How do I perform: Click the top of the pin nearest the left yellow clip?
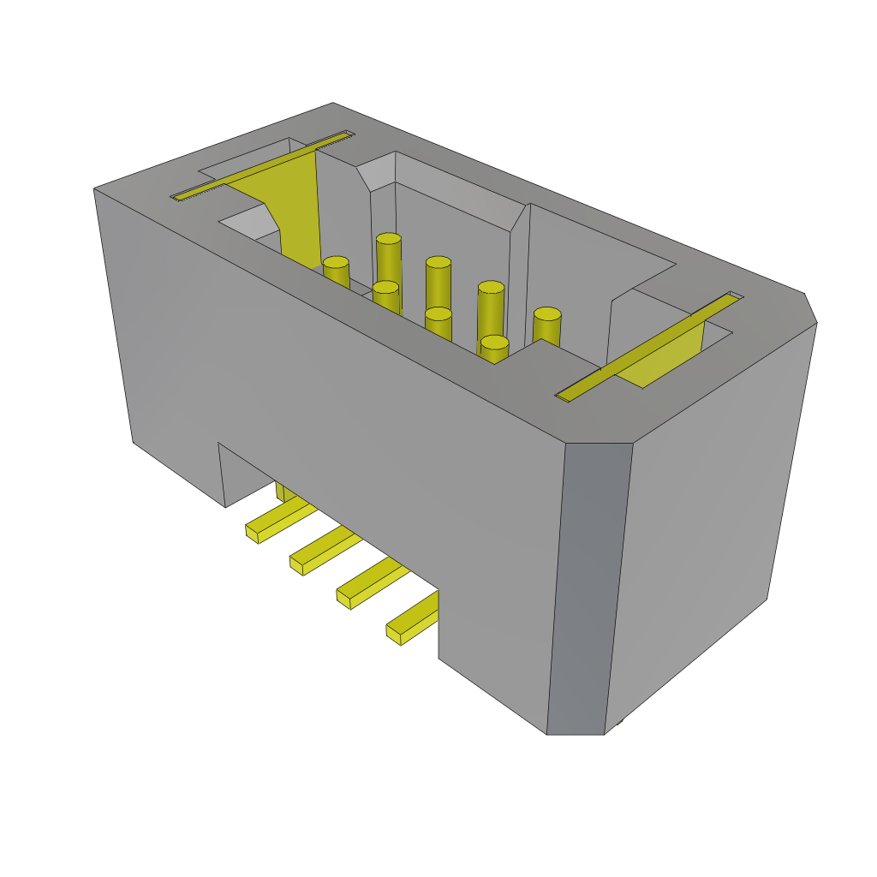tap(336, 263)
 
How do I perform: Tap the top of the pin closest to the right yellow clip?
tap(547, 314)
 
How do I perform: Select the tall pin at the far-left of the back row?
tap(388, 240)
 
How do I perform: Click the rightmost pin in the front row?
tap(494, 343)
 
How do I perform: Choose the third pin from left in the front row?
tap(438, 314)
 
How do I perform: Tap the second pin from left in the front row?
tap(385, 288)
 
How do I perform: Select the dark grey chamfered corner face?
tap(589, 591)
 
